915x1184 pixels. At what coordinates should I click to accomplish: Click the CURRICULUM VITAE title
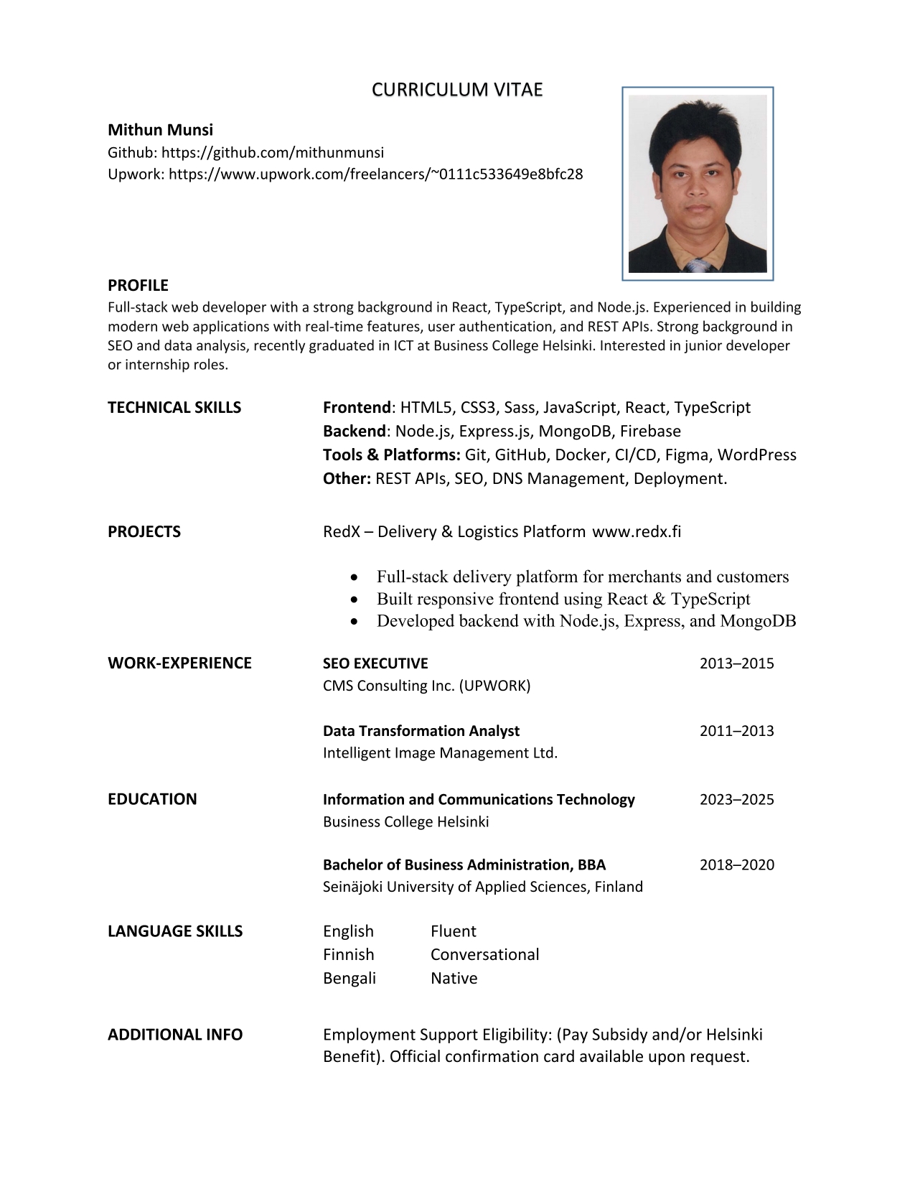point(457,90)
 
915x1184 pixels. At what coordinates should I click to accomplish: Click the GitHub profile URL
point(272,152)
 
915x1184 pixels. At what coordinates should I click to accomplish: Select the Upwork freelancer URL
point(375,174)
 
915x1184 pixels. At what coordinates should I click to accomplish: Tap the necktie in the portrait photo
point(697,266)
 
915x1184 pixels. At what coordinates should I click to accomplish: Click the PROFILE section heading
point(138,285)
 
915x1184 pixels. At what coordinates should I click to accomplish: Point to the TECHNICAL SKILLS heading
point(174,407)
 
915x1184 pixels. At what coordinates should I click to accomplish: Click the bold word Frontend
point(357,407)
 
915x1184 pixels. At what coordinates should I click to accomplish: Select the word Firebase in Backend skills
point(650,431)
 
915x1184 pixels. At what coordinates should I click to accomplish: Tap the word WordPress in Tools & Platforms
point(756,455)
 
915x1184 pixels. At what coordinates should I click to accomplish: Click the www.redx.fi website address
point(637,531)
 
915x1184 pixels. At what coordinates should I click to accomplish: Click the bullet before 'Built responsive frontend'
point(353,599)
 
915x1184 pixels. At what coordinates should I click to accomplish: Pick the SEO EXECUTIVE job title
point(375,663)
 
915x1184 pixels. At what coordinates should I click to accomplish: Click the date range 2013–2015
point(736,663)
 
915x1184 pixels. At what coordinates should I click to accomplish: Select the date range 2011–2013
point(736,731)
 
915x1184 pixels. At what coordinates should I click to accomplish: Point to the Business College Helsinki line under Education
point(405,821)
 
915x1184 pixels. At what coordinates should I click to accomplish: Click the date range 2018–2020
point(736,864)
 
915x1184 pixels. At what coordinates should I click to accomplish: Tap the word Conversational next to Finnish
point(484,954)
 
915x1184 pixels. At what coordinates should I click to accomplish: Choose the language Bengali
point(349,978)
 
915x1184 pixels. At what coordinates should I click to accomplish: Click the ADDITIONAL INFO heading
point(175,1034)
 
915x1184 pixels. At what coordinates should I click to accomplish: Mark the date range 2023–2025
point(736,799)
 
